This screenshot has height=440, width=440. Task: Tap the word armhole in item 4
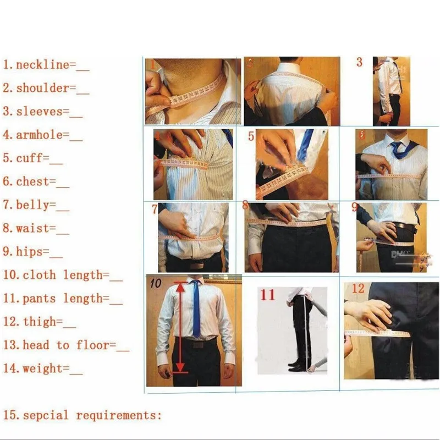[x=38, y=135]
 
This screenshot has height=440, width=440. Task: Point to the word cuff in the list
[x=32, y=158]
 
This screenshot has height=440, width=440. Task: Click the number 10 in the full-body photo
[x=156, y=284]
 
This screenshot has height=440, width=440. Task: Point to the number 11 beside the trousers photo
[x=267, y=295]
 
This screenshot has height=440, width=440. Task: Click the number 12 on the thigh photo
[x=358, y=289]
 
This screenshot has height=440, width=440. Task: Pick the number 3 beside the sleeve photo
[x=359, y=62]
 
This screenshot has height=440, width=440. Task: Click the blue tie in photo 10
[x=196, y=308]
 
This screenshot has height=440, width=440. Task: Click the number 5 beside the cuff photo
[x=251, y=136]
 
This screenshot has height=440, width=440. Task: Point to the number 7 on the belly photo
[x=155, y=210]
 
